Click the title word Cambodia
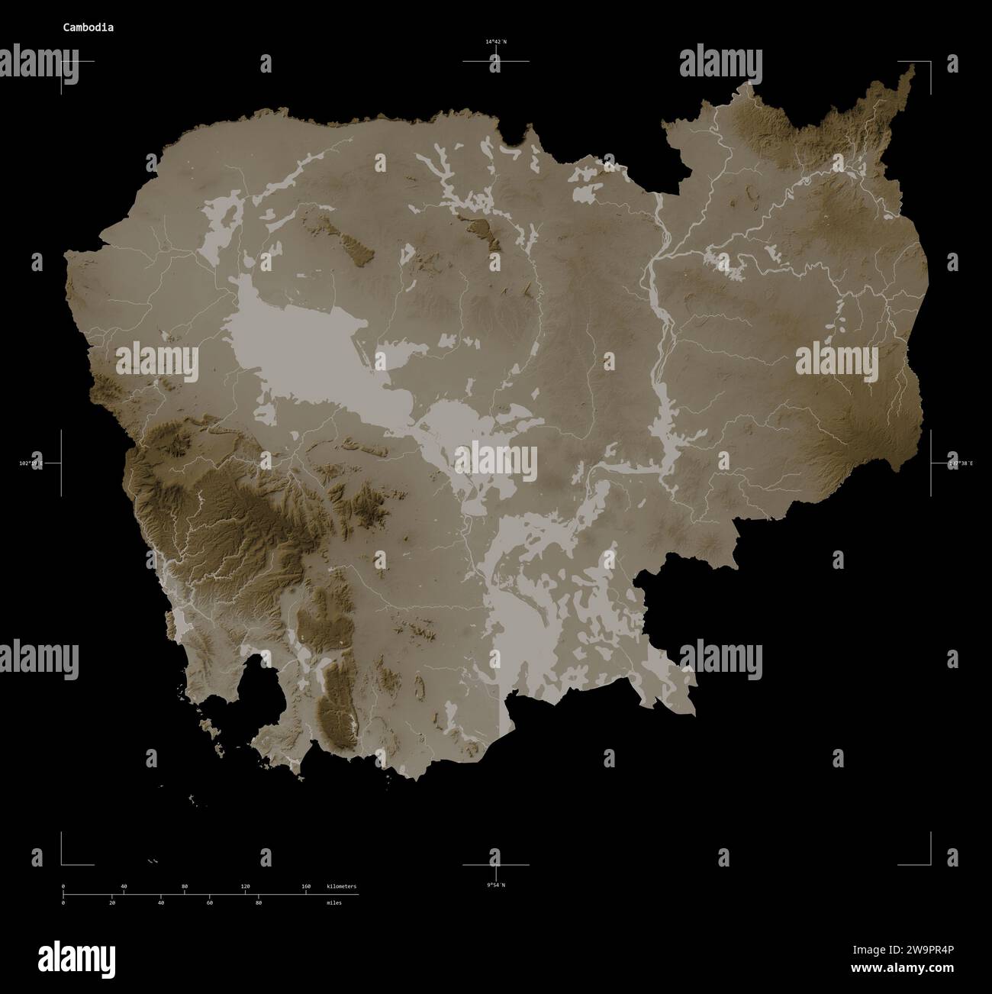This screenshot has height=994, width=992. click(89, 27)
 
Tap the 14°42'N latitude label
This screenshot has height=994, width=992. click(495, 42)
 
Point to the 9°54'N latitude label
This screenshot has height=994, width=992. click(496, 885)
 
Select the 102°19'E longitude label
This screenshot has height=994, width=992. click(31, 463)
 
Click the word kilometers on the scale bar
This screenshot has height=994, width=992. click(341, 886)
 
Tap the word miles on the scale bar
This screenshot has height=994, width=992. click(333, 902)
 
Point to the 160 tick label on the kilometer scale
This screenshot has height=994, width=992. click(306, 886)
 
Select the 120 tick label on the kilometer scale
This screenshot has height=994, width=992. click(245, 886)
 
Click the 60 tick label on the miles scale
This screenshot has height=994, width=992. click(209, 902)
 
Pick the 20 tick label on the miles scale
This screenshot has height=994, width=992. click(112, 902)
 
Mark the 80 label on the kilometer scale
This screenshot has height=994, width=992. click(185, 886)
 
